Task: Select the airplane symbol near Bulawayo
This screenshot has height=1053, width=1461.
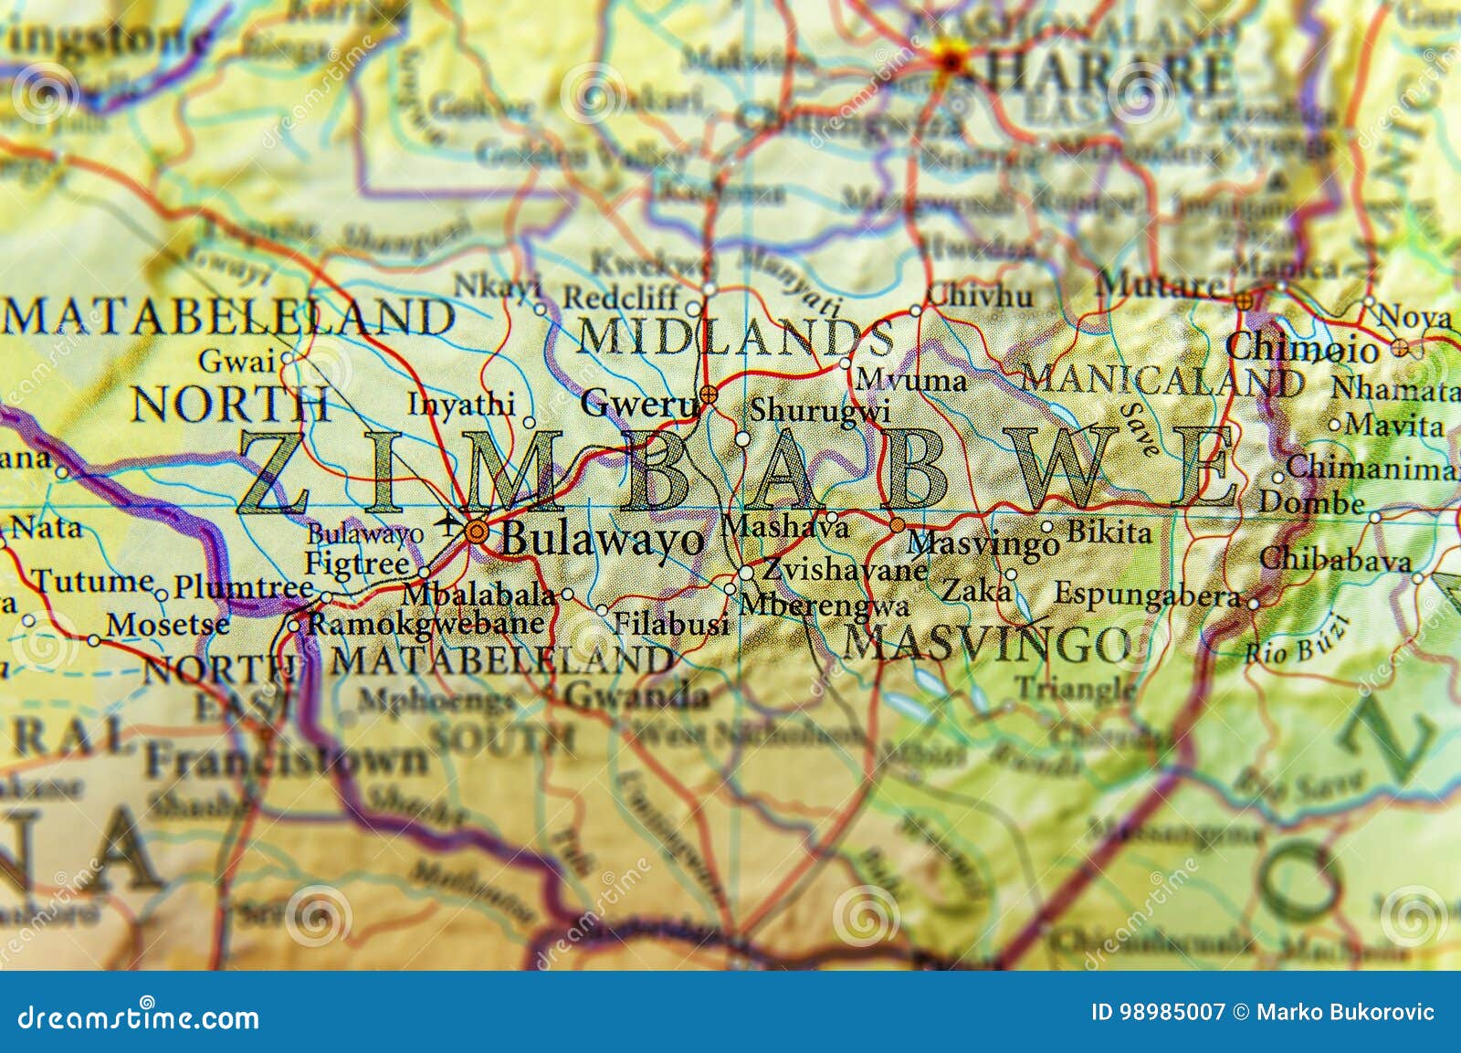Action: click(448, 522)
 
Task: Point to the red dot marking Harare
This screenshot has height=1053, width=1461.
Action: click(951, 61)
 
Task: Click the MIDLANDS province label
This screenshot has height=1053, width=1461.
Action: click(734, 338)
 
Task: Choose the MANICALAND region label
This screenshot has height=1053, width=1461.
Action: click(1161, 379)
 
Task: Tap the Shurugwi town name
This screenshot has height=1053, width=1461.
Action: click(819, 412)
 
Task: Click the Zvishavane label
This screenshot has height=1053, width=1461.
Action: click(845, 570)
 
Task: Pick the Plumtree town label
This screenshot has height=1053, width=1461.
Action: click(243, 586)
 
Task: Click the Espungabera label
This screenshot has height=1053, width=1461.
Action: click(1147, 595)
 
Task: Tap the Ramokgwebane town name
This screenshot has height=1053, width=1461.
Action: click(426, 624)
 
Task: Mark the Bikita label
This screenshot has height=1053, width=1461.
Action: click(1109, 532)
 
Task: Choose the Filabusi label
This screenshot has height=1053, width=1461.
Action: click(670, 624)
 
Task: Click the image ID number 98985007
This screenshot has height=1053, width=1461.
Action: click(1172, 1012)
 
